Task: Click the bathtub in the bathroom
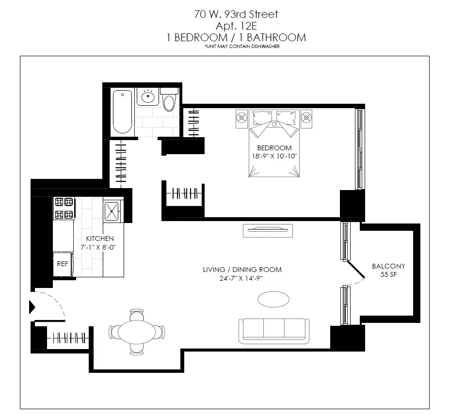coord(122,112)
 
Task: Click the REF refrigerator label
coord(63,264)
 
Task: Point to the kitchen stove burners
coord(64,208)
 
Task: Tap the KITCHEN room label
coord(100,239)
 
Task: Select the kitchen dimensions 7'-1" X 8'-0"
coord(100,247)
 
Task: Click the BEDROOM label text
coord(274,148)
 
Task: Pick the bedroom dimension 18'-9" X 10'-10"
coord(274,156)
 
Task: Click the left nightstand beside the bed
coord(242,118)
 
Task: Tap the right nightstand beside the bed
coord(307,118)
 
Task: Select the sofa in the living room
coord(273,331)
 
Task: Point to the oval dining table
coord(138,332)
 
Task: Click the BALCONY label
coord(388,266)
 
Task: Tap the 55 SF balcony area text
coord(388,274)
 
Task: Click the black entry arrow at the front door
coord(32,307)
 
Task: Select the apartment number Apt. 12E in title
coord(236,26)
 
